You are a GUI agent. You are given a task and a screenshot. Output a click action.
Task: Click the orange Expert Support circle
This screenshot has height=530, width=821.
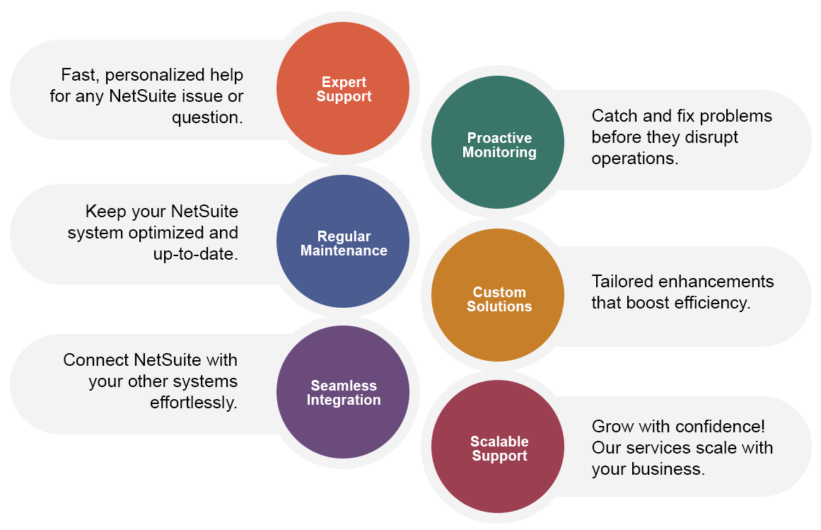[343, 89]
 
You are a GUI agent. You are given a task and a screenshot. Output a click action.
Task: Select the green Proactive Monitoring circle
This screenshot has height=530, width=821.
[498, 143]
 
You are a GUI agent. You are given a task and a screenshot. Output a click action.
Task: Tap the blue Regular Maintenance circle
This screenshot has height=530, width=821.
[343, 242]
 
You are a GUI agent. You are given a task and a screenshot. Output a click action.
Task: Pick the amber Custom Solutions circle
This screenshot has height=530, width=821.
[498, 296]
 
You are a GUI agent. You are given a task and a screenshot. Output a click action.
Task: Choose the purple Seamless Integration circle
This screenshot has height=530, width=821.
[343, 392]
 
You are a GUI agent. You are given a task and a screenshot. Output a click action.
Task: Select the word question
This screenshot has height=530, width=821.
[207, 117]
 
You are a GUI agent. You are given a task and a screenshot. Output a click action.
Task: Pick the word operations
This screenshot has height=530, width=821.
[634, 159]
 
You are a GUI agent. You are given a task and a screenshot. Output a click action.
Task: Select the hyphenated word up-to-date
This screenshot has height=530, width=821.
[195, 254]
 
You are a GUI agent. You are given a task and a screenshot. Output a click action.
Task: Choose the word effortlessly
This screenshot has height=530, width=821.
[193, 403]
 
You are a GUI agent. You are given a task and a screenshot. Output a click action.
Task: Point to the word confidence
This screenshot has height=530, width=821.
[720, 427]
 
